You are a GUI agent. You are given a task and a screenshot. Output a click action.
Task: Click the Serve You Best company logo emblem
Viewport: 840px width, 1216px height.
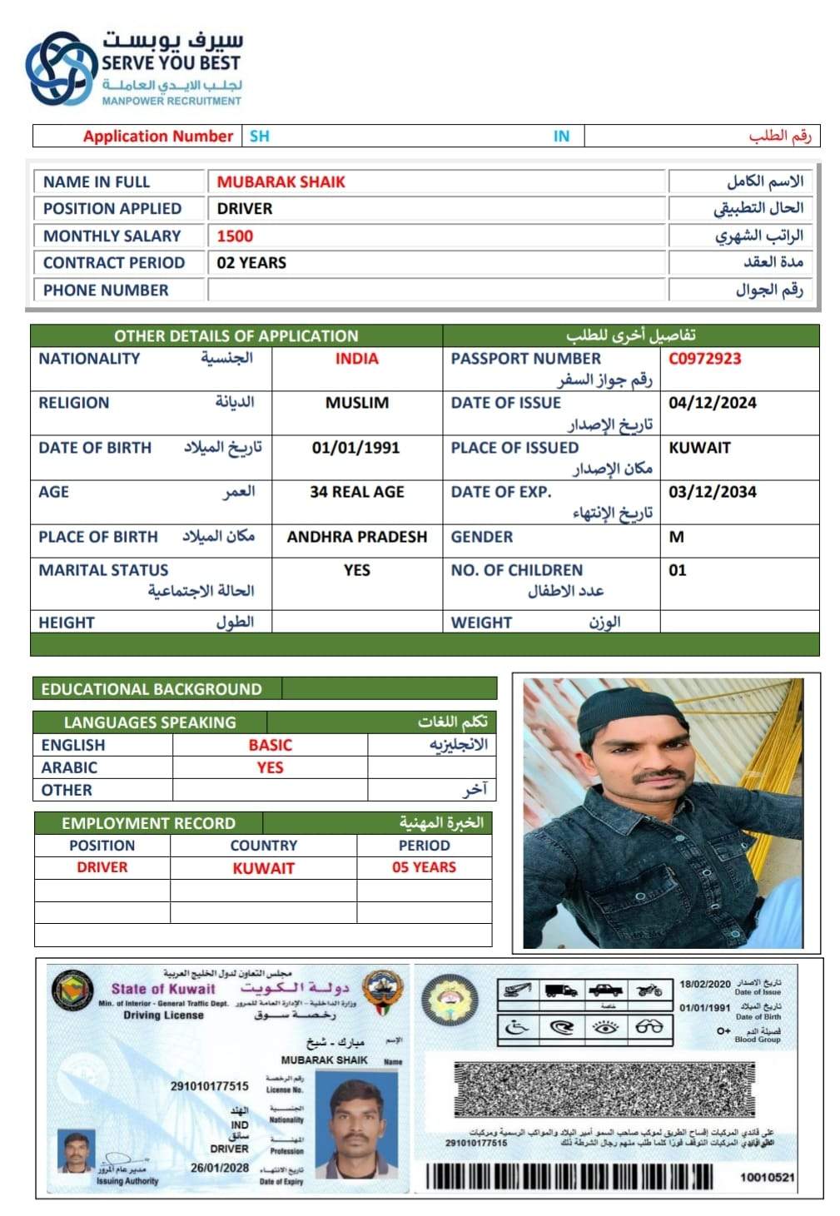point(61,69)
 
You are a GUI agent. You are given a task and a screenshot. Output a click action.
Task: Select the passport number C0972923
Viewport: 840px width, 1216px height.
point(704,359)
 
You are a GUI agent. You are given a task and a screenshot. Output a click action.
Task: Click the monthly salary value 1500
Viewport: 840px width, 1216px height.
point(235,236)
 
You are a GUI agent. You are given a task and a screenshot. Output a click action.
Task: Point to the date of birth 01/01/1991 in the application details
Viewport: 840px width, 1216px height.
point(355,448)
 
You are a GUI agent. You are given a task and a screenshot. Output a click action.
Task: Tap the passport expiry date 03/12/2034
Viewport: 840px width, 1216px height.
point(713,492)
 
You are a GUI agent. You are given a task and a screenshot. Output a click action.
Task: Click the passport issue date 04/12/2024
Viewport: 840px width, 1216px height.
point(713,403)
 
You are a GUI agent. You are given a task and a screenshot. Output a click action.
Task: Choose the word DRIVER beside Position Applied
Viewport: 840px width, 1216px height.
point(245,209)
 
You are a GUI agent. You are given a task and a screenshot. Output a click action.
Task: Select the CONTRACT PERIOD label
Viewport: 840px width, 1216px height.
point(114,263)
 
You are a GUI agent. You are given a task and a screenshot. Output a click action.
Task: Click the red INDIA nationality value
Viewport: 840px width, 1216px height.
point(356,359)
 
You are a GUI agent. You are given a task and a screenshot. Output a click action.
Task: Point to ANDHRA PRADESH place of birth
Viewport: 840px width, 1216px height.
point(356,537)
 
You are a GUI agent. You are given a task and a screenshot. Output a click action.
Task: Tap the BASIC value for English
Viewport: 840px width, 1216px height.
point(270,745)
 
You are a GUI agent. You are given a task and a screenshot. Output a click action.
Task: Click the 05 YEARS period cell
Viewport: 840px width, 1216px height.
point(424,867)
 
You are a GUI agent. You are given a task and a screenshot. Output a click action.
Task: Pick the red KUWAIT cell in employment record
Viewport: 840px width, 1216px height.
point(263,868)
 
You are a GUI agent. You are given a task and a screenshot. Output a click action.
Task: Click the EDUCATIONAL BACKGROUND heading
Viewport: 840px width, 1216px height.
point(152,689)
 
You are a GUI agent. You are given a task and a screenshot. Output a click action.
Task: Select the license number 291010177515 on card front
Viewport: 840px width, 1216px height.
point(209,1086)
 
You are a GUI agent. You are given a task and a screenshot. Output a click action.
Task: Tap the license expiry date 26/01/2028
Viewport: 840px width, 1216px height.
point(220,1168)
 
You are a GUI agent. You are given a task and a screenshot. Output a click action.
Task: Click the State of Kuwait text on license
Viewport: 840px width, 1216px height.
point(163,989)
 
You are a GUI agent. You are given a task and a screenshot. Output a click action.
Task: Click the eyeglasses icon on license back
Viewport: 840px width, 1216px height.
point(649,1027)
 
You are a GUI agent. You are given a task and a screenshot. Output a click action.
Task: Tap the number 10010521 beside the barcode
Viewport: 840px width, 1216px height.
point(767,1177)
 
